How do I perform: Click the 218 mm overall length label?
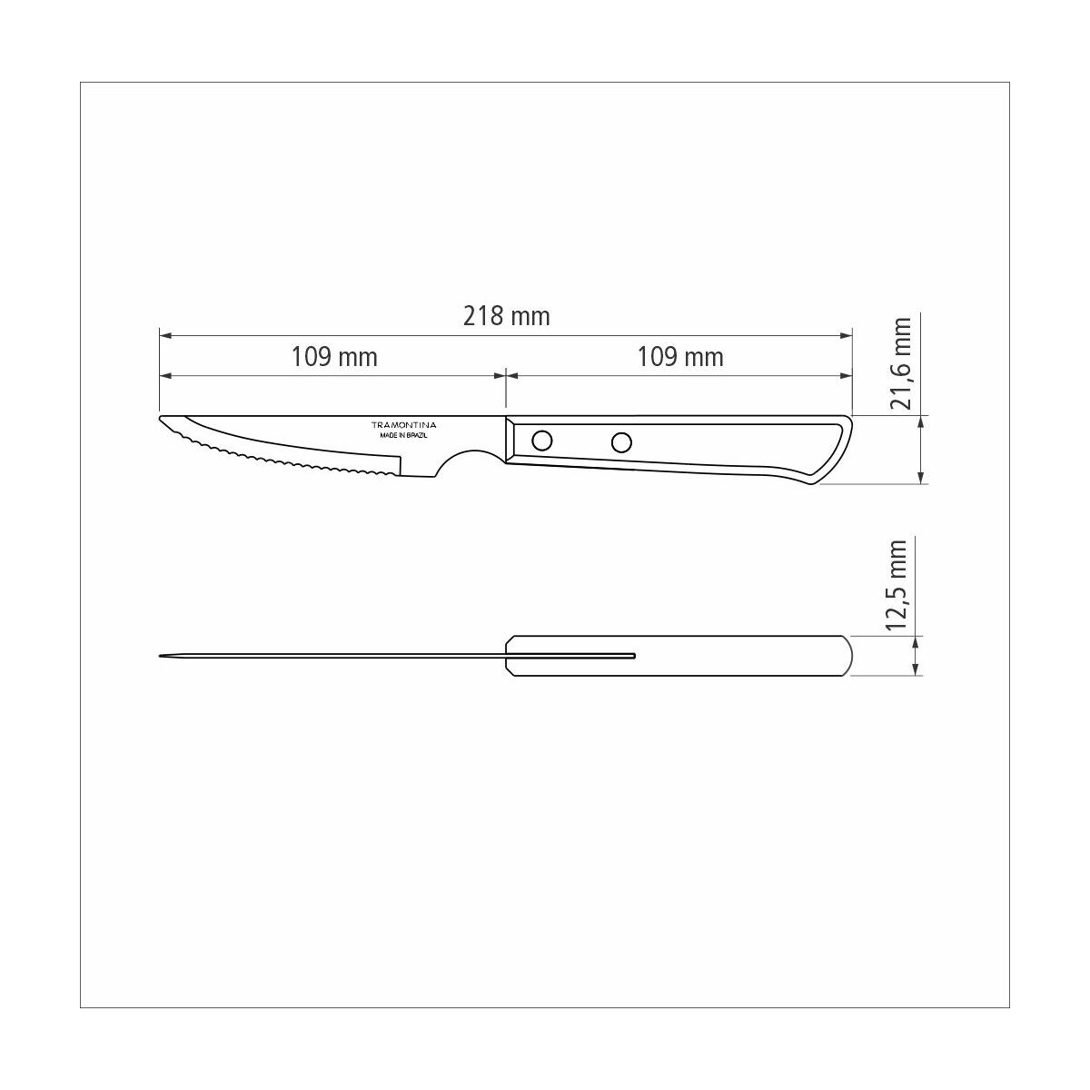click(x=506, y=316)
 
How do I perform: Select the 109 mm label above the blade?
click(x=333, y=356)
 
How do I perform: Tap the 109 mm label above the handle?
click(x=680, y=356)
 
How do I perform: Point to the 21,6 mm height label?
click(x=900, y=363)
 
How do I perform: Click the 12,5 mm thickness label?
click(x=898, y=586)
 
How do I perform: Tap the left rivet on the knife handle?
click(x=541, y=441)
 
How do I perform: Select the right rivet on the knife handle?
click(x=621, y=442)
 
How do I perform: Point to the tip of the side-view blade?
click(x=163, y=420)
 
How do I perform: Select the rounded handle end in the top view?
click(x=849, y=655)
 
